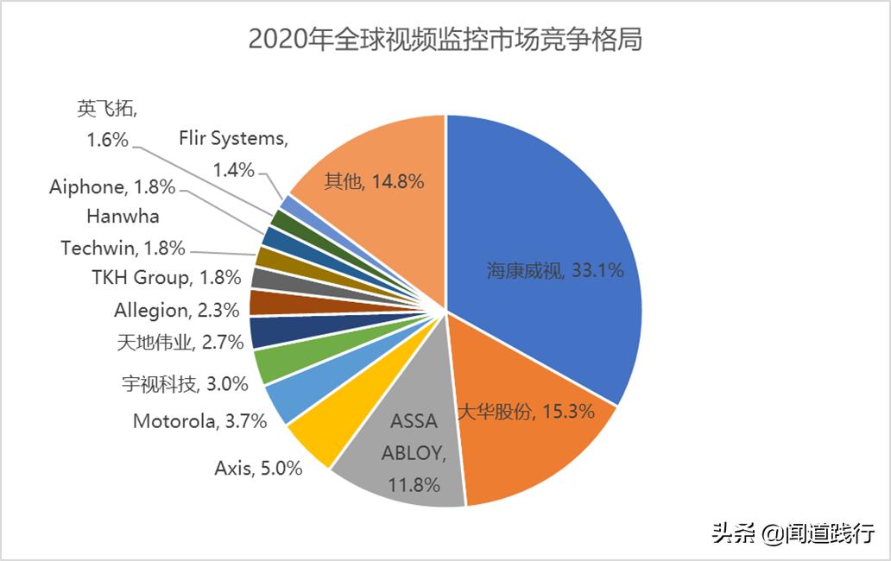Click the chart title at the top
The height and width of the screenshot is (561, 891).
point(445,40)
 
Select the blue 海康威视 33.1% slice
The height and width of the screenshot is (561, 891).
point(553,259)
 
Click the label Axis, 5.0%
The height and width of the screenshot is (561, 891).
point(258,469)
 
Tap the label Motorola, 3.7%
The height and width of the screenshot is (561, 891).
point(199,421)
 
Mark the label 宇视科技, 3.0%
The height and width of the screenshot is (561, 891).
point(184,383)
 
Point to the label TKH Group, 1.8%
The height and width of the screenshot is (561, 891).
point(166,278)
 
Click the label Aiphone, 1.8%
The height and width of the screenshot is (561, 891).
point(112,186)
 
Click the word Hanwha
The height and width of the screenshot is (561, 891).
point(123,217)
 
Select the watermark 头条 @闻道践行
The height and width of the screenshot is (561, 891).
point(793,533)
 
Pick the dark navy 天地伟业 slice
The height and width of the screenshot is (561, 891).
point(264,332)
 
